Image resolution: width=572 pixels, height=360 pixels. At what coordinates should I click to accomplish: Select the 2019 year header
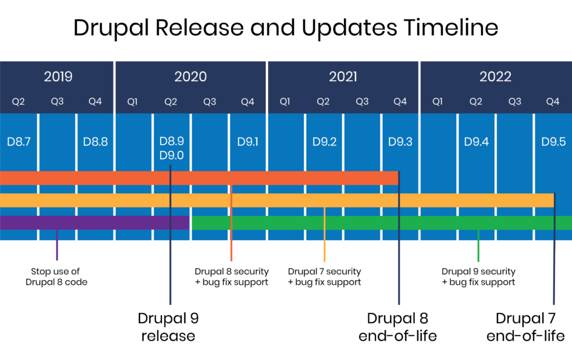58,77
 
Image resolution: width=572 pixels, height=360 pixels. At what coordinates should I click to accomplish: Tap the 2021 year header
343,77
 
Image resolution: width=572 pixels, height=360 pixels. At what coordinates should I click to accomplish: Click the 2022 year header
495,77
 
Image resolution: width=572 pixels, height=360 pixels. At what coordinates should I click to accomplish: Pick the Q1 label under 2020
133,101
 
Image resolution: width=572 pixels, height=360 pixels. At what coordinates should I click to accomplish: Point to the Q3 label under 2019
57,101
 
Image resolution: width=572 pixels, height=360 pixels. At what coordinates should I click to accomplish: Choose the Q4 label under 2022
552,101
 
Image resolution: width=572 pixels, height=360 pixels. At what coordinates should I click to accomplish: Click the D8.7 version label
19,142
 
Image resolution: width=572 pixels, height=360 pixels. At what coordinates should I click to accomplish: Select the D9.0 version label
171,155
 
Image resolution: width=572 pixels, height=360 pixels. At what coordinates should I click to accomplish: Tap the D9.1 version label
247,142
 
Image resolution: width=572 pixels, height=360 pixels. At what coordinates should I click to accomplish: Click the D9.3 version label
400,142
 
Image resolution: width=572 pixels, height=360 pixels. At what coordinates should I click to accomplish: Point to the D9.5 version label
553,142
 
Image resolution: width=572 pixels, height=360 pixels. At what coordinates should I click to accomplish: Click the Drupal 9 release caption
168,327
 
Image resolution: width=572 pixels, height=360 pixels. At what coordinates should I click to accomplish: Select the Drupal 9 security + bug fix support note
478,276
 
